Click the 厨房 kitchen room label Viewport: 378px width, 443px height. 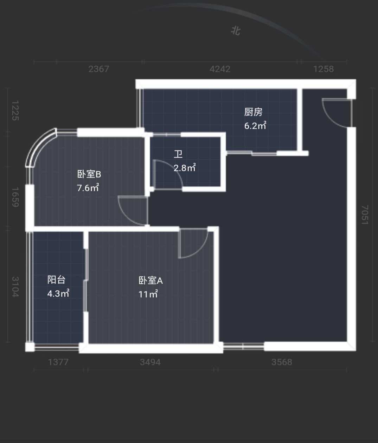pos(253,112)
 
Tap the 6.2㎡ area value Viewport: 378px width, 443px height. pos(255,125)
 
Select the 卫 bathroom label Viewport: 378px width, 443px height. pos(178,154)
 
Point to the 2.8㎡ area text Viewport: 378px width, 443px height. pos(185,167)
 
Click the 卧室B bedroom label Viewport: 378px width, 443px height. pos(89,174)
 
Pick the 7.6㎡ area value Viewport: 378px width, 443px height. pos(88,187)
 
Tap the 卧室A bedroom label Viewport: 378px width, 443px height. pos(150,280)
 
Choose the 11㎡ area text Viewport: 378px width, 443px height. pos(148,294)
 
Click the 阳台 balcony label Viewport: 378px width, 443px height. pos(57,280)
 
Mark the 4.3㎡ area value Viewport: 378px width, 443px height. pos(58,293)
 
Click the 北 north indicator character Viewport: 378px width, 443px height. pos(236,31)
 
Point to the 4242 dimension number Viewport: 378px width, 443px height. pos(220,69)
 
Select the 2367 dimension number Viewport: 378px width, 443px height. pos(99,69)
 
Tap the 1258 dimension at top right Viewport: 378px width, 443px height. pos(323,69)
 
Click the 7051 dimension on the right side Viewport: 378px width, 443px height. pos(365,215)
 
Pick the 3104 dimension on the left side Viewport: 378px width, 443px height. pos(15,287)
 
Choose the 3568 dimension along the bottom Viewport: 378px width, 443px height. pos(282,362)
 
